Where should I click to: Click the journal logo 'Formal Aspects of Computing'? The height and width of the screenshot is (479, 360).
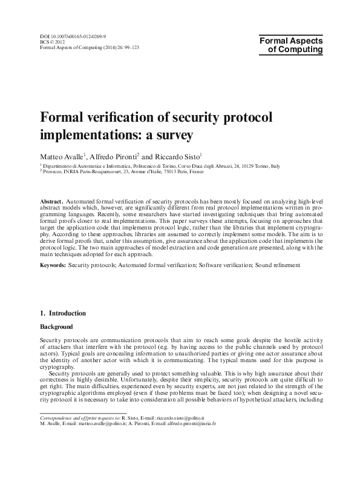pos(290,45)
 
